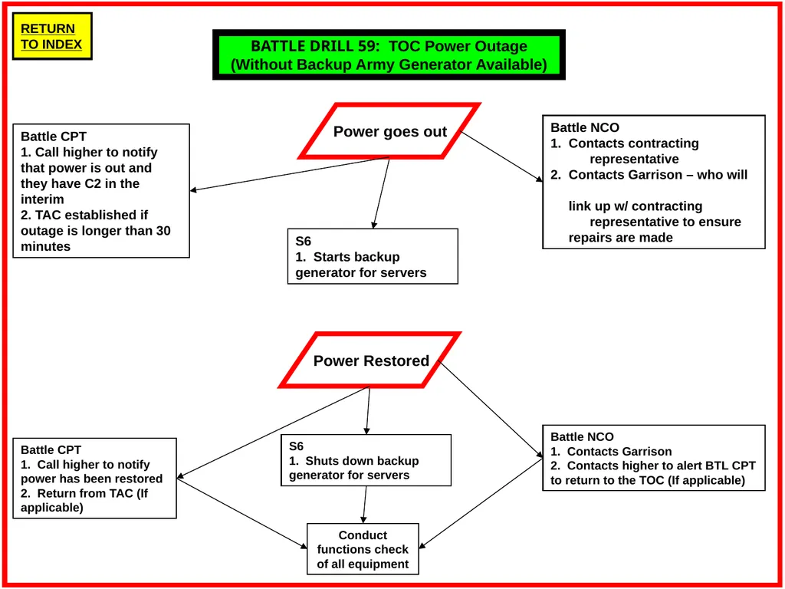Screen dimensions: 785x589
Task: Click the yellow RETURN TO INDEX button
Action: coord(52,36)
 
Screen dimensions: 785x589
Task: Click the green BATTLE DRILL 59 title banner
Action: coord(389,54)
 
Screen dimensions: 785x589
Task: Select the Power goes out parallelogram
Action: coord(389,131)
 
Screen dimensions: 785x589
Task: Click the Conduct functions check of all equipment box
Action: coord(363,549)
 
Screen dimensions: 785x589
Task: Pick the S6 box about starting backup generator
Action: coord(373,256)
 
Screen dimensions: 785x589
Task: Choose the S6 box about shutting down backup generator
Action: coord(366,460)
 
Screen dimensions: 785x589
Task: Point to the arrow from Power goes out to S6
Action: coord(381,192)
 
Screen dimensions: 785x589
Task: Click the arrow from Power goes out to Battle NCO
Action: coord(501,156)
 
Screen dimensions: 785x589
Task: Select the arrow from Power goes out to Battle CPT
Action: coord(289,174)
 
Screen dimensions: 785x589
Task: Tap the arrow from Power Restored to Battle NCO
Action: coord(490,410)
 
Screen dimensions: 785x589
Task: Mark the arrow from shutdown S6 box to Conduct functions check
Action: coord(364,505)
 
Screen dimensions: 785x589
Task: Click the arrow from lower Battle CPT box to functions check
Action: coord(241,513)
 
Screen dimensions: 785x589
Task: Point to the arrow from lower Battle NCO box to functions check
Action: coord(481,503)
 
